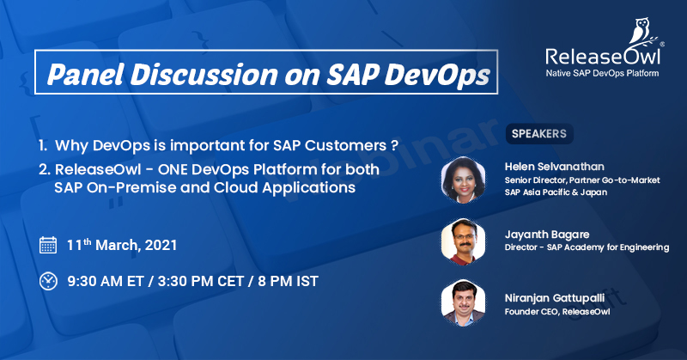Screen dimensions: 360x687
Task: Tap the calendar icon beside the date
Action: [x=49, y=245]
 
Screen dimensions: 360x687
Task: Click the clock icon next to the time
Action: [x=49, y=280]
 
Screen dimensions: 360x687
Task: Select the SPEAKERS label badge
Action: [x=538, y=133]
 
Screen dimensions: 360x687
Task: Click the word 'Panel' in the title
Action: [x=83, y=75]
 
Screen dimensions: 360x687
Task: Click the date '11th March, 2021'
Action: [x=121, y=245]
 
